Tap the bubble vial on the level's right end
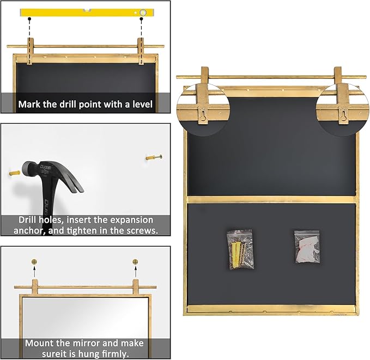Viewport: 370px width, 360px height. [142, 11]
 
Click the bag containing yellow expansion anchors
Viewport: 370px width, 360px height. [239, 249]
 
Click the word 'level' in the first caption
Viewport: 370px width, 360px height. [141, 103]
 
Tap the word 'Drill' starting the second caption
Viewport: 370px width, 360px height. [29, 220]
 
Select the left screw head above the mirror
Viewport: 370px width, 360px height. [34, 261]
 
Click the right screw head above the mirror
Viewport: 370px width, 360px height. [136, 261]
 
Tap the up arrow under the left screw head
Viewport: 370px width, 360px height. [34, 269]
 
